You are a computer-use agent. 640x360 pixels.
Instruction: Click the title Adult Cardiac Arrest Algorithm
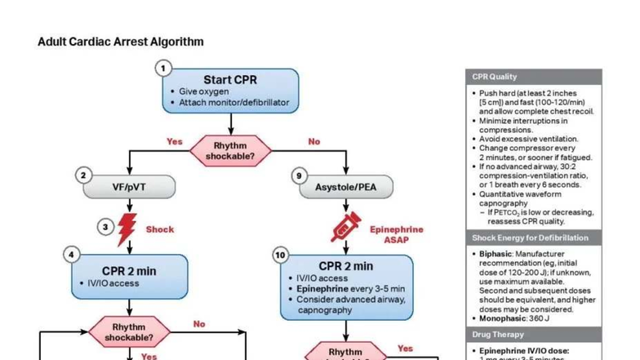(121, 42)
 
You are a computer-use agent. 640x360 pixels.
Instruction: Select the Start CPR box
(230, 90)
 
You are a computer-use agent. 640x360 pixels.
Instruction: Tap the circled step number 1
(164, 69)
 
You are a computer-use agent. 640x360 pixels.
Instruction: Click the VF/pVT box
(129, 187)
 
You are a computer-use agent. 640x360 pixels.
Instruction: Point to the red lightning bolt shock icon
(127, 229)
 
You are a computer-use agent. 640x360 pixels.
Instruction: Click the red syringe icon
(345, 228)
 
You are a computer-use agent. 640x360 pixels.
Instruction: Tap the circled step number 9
(300, 176)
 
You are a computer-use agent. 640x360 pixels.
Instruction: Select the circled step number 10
(280, 255)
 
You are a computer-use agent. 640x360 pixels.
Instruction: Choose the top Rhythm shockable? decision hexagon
(230, 150)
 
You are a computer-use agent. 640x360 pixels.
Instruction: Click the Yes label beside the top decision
(175, 141)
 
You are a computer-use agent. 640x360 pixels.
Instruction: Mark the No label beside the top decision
(313, 141)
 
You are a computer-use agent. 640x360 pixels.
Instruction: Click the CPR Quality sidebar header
(495, 77)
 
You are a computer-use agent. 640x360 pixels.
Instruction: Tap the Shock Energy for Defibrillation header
(530, 238)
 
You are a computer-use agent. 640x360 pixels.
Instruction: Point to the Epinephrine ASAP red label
(396, 235)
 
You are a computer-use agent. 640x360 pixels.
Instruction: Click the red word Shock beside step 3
(160, 229)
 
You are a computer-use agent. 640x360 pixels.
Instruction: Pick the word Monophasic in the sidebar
(501, 318)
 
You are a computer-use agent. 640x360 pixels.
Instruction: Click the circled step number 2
(82, 176)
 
